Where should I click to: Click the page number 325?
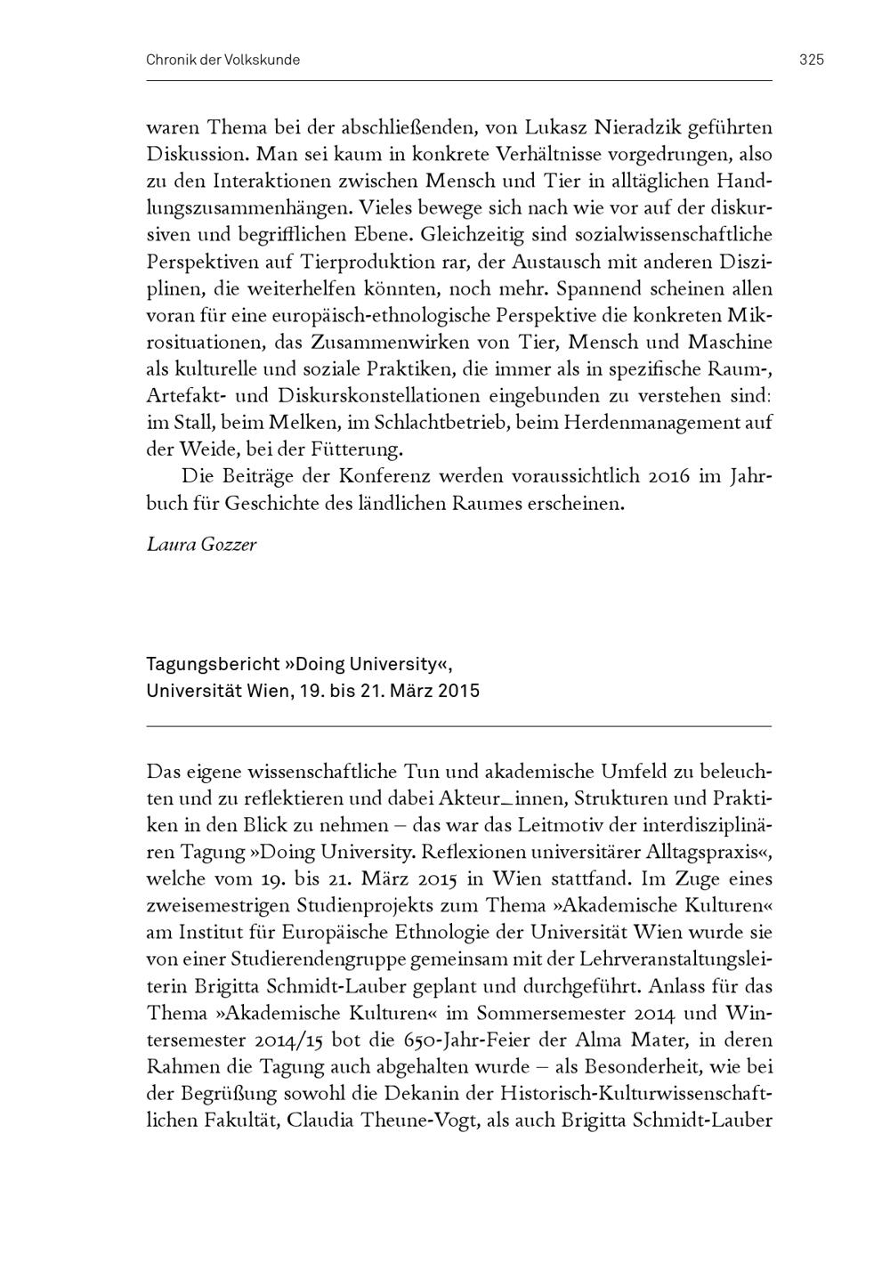coord(811,60)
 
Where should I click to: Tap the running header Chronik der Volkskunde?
coord(222,60)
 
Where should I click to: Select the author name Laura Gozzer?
coord(201,544)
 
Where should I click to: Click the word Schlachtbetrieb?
coord(444,423)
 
